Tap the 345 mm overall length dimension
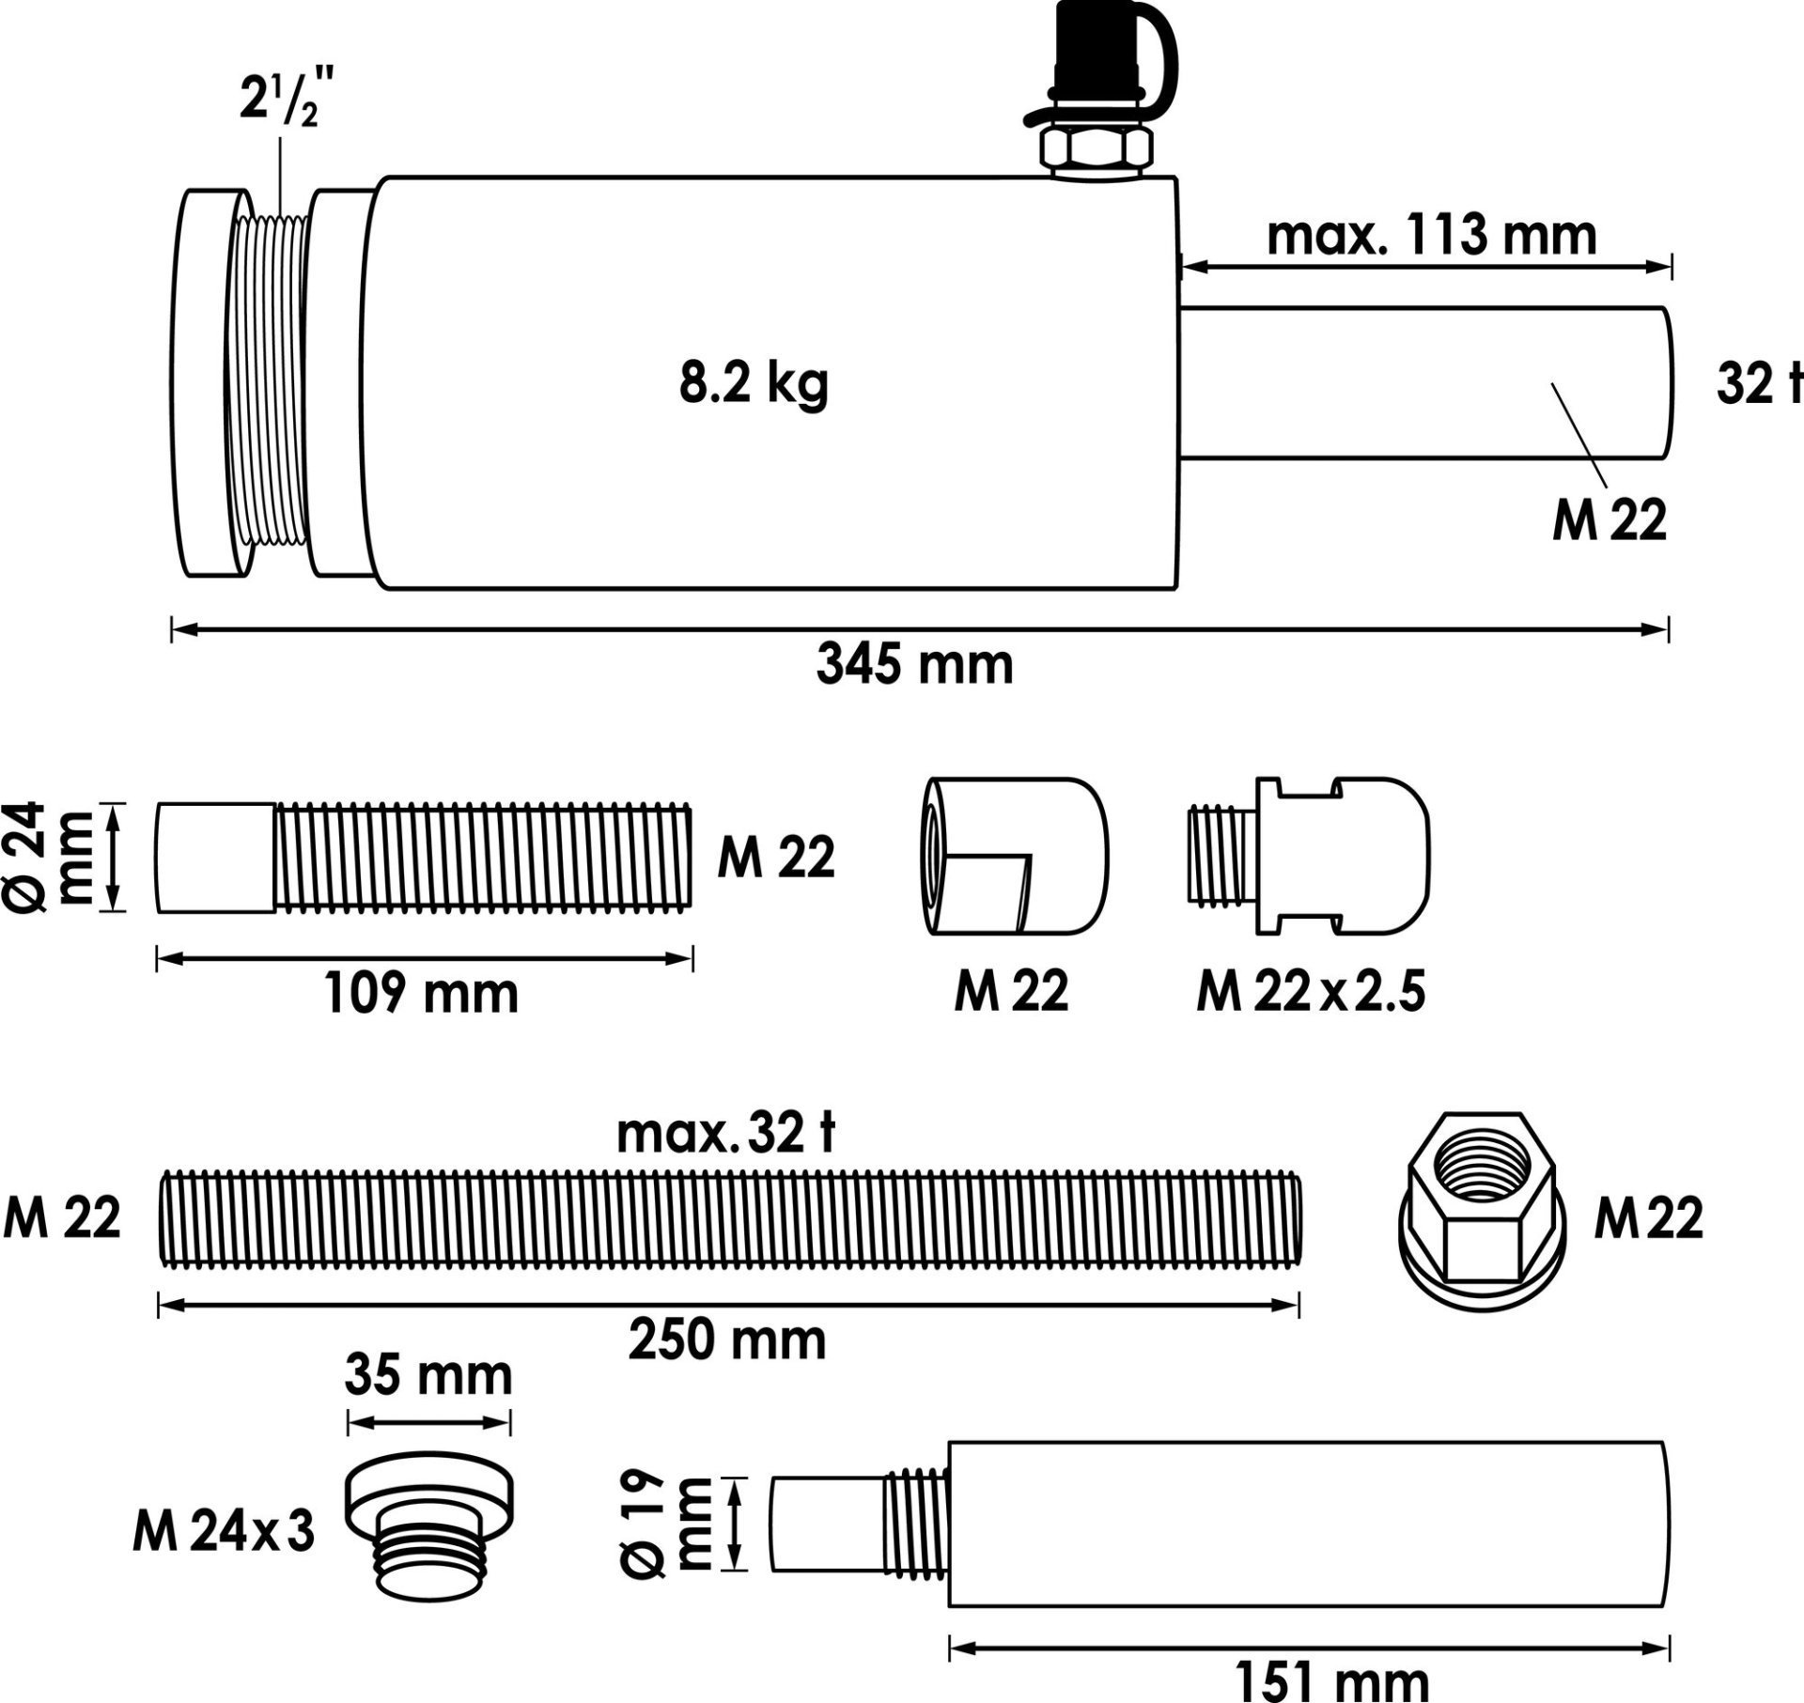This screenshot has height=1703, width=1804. [914, 665]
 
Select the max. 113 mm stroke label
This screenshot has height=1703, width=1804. [1431, 236]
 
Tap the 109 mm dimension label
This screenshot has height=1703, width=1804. [421, 993]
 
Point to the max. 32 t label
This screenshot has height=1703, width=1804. [725, 1134]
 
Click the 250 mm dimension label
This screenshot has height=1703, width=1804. [726, 1340]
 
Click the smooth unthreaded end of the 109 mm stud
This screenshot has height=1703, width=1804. [216, 857]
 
